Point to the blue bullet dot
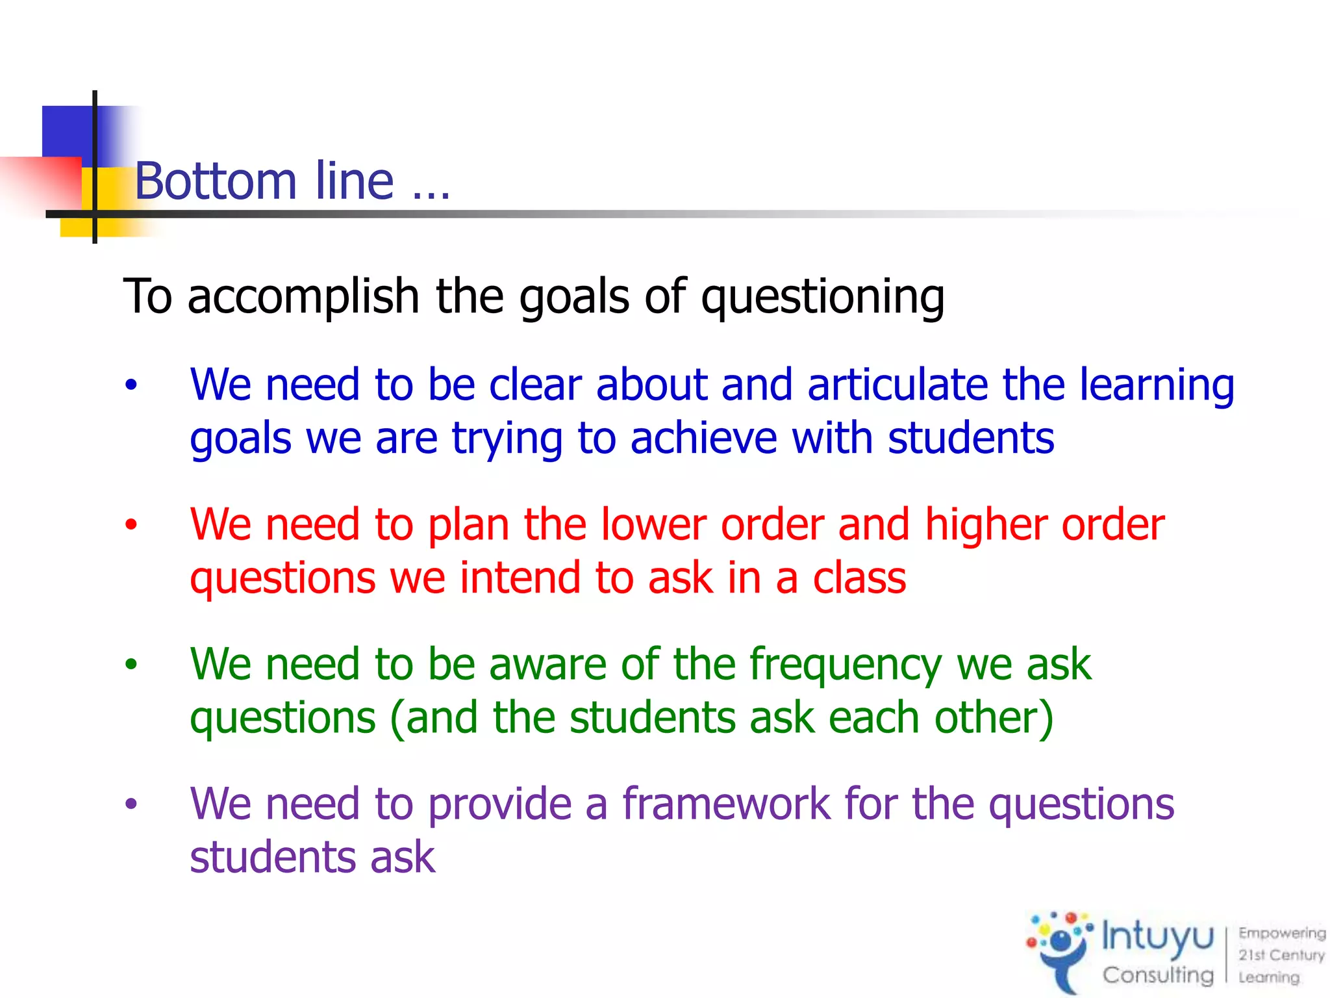click(132, 385)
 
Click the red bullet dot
click(132, 524)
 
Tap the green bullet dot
click(132, 664)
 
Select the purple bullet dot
click(132, 804)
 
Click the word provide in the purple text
click(500, 805)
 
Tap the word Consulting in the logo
click(1157, 975)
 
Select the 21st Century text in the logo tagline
click(1281, 954)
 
